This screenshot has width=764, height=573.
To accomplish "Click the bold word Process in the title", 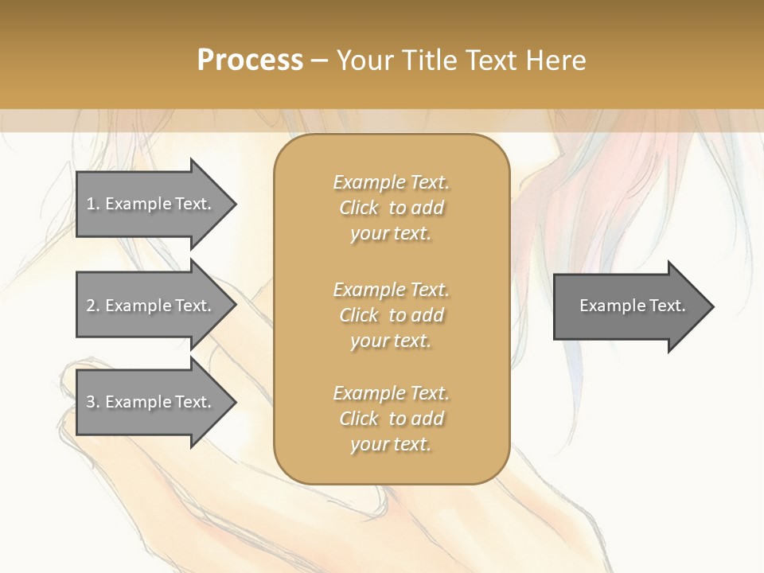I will point(250,60).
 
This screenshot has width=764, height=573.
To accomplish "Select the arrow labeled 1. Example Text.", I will point(151,204).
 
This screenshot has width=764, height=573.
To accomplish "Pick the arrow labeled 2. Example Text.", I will point(151,306).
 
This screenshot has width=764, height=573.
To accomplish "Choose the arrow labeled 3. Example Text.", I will point(151,402).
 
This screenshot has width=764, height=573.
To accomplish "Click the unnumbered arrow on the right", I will point(629,306).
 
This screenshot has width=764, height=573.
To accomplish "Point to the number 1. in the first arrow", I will point(93,204).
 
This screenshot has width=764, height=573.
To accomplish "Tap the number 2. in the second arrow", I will point(93,306).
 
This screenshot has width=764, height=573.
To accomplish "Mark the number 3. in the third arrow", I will point(93,402).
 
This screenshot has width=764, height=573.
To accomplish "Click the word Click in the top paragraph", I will point(359,209).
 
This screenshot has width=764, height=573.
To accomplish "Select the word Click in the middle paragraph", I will point(359,315).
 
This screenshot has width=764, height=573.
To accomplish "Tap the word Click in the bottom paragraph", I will point(359,419).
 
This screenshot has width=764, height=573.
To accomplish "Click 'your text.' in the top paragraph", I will point(391,234).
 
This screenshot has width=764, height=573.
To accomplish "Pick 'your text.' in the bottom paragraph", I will point(391,444).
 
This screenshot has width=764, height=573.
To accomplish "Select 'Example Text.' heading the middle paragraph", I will point(391,290).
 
